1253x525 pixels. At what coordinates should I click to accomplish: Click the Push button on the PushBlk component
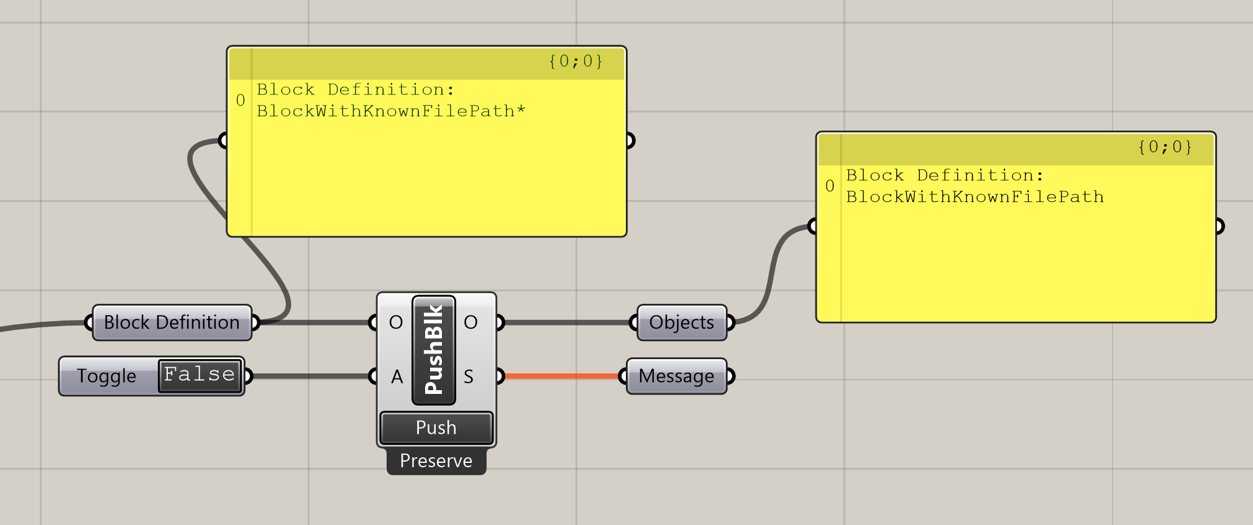(x=436, y=427)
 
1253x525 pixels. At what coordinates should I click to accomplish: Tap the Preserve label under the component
(x=436, y=461)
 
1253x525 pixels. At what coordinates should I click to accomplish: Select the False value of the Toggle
(x=200, y=375)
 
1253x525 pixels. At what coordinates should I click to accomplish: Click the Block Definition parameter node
(x=172, y=322)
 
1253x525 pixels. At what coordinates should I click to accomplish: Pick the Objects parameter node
(x=681, y=322)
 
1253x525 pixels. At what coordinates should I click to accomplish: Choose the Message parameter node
(x=676, y=376)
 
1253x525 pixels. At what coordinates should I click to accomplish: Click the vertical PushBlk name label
(x=434, y=349)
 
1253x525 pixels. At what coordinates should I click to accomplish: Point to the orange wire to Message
(x=562, y=376)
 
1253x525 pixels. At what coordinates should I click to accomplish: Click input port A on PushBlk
(x=397, y=377)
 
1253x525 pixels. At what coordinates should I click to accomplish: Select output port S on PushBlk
(x=469, y=377)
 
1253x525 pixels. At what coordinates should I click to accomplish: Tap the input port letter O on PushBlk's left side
(x=396, y=322)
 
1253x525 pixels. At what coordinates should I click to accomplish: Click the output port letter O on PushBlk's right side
(x=470, y=322)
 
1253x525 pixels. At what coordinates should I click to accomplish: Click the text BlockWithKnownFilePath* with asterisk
(x=391, y=111)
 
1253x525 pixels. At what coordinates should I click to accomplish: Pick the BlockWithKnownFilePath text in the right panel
(x=975, y=197)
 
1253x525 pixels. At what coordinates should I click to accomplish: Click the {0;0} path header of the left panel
(x=575, y=62)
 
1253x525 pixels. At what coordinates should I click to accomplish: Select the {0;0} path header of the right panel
(x=1164, y=147)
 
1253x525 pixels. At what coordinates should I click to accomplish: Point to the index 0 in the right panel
(x=830, y=186)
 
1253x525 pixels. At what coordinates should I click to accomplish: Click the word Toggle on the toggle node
(x=106, y=377)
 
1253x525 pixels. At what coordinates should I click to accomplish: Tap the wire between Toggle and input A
(x=311, y=376)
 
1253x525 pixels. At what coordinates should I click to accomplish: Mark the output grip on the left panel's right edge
(x=630, y=140)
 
